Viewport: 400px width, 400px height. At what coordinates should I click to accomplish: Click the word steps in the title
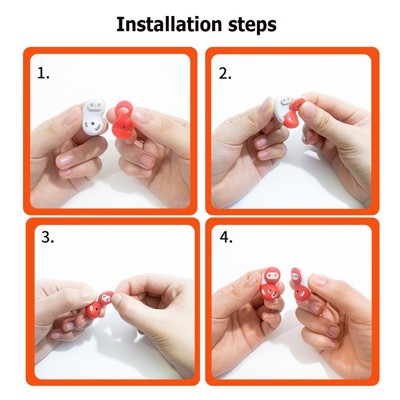252,25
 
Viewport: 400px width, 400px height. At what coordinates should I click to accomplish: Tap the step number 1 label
43,73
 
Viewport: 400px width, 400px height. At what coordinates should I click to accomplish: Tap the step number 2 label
225,74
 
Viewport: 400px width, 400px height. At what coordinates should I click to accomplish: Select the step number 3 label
48,237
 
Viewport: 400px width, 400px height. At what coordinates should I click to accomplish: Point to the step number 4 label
226,237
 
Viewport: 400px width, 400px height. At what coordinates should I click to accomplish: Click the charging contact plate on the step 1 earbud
96,105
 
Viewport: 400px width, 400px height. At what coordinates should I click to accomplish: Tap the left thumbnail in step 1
73,116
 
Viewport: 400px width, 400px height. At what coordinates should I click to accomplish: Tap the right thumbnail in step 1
140,115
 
